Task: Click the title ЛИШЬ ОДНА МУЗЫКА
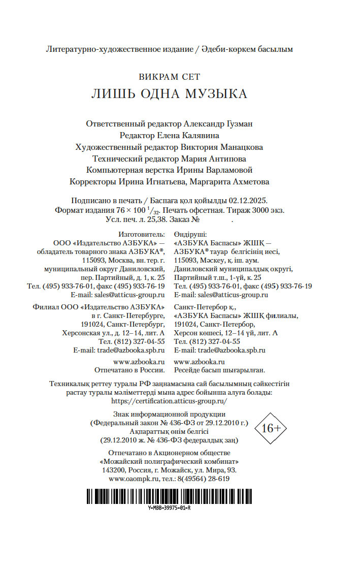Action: pos(169,94)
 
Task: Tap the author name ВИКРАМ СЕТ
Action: pos(169,77)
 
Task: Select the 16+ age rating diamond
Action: pos(271,428)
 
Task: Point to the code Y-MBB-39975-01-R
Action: pos(169,508)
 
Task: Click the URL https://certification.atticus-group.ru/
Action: pos(169,401)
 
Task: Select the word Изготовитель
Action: pos(142,235)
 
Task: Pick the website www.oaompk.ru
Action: pos(133,479)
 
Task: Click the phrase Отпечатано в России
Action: pos(130,370)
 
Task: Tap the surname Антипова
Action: pos(236,159)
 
